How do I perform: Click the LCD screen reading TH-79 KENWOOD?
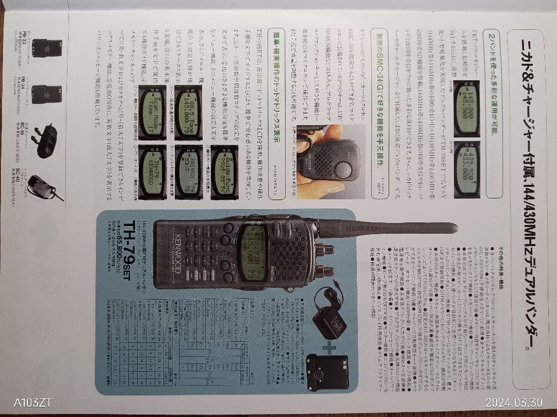[x=152, y=172]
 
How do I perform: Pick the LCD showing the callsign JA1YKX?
[x=188, y=172]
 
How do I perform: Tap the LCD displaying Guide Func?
[x=224, y=172]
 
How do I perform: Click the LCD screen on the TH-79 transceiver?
[x=252, y=252]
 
